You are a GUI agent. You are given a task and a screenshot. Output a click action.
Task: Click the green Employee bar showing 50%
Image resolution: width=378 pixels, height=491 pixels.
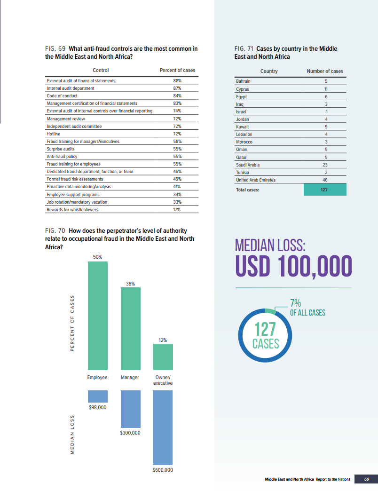tap(98, 316)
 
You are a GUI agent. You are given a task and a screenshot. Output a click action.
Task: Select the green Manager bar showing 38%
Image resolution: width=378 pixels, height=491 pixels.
tap(131, 329)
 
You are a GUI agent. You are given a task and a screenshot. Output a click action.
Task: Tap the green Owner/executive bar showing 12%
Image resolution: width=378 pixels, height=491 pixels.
tap(163, 357)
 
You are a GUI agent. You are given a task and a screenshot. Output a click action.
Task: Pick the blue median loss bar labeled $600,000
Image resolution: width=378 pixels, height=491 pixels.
tap(163, 428)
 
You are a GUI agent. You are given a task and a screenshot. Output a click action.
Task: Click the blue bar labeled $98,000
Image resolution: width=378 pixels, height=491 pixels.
tap(98, 396)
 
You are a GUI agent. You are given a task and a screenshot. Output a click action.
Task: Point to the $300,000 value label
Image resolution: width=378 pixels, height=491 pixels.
tap(130, 433)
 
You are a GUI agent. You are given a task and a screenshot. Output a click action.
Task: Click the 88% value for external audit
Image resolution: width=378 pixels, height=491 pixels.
tap(177, 81)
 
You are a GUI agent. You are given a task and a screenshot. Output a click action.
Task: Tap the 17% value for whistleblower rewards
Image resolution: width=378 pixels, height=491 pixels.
tap(177, 210)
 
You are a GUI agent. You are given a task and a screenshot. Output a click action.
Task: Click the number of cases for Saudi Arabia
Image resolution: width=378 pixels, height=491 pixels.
tap(325, 165)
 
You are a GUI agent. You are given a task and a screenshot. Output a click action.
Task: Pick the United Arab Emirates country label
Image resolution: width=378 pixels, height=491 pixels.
tap(256, 180)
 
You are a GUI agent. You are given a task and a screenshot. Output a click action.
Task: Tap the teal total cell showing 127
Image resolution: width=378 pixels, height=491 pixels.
tap(325, 190)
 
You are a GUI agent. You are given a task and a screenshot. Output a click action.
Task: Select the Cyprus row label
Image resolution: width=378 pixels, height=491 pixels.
tap(243, 88)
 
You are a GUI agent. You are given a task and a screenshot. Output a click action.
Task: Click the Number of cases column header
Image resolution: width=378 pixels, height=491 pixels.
tap(325, 71)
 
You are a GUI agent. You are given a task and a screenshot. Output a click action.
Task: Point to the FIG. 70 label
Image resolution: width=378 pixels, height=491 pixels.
tap(55, 231)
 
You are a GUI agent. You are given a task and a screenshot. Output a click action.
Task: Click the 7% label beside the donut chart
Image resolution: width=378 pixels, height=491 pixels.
tap(296, 303)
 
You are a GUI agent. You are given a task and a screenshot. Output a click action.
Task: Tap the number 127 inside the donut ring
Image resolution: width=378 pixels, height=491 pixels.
tap(266, 329)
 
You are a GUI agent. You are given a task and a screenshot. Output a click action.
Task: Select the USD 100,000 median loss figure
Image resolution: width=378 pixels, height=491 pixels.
tap(293, 266)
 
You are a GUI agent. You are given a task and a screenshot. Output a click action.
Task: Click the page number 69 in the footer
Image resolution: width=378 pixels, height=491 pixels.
tap(367, 479)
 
